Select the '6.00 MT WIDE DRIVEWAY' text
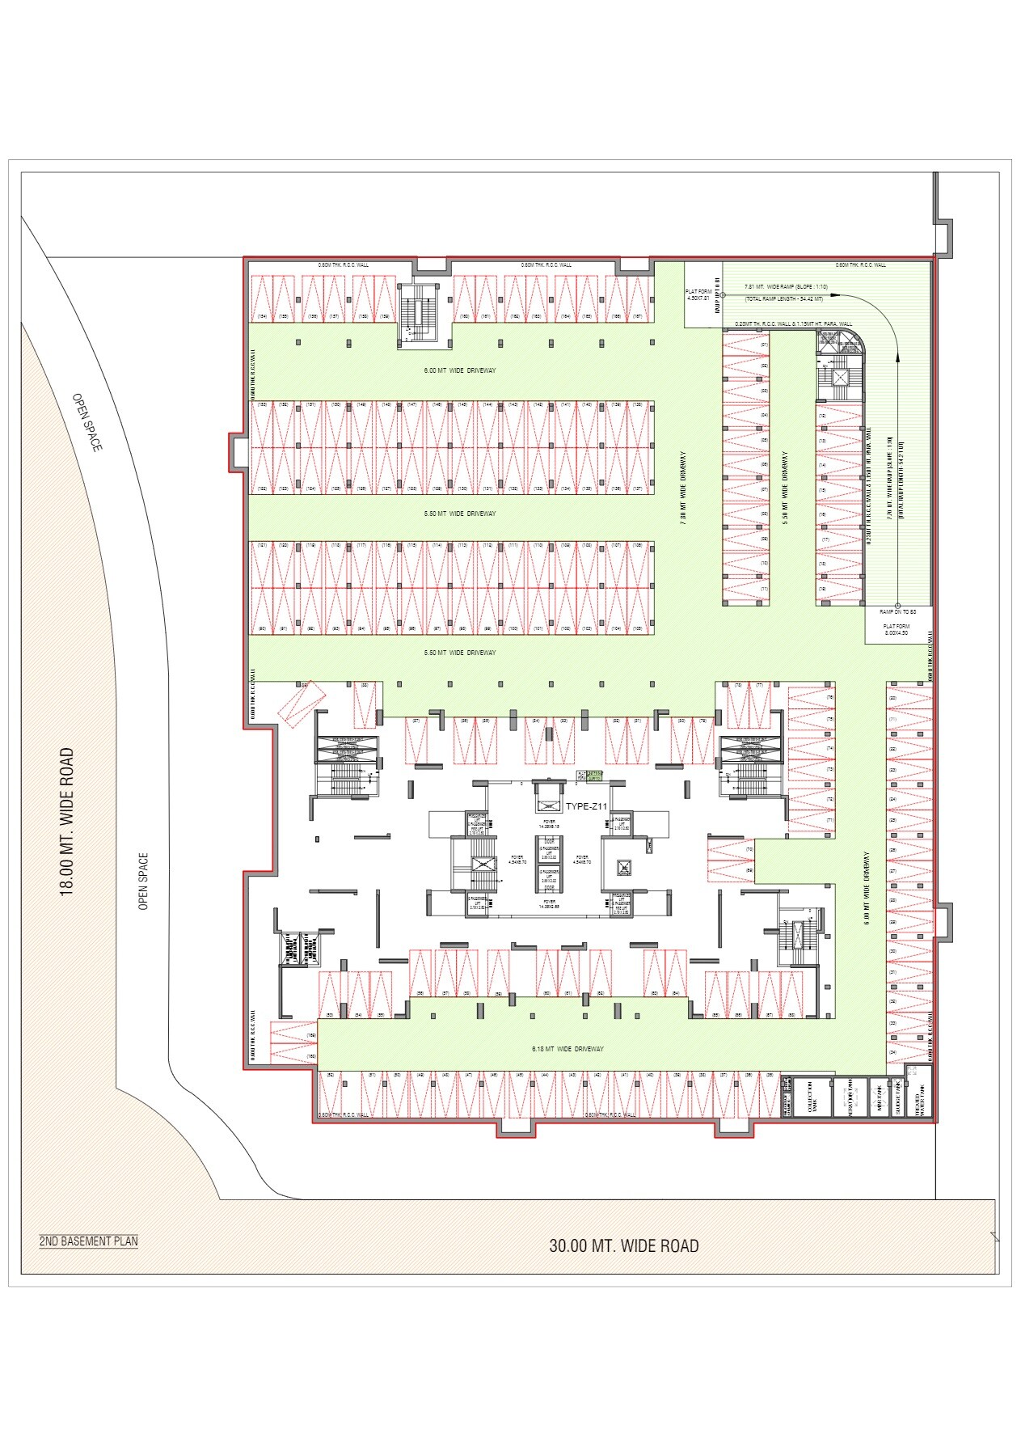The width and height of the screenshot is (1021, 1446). pos(460,370)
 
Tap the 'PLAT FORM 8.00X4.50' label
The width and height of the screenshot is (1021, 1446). pos(896,630)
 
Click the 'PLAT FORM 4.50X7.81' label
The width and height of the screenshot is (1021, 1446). pos(697,294)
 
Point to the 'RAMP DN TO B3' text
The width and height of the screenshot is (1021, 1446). pos(896,611)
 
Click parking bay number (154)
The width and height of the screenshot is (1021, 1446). pos(262,316)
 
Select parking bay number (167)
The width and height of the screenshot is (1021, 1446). pos(638,316)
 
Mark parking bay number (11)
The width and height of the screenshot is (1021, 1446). pos(763,589)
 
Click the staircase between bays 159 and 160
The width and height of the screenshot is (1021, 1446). pos(419,314)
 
